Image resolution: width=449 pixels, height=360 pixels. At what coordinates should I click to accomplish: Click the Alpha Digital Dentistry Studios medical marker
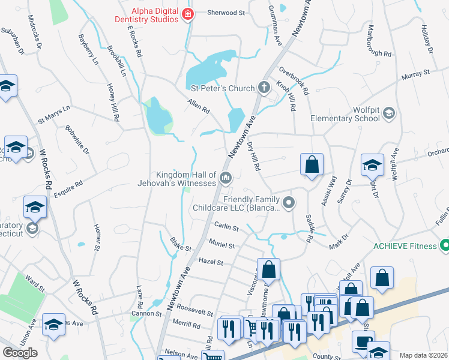pos(188,14)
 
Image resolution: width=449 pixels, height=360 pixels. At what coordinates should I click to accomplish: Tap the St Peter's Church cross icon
pos(264,88)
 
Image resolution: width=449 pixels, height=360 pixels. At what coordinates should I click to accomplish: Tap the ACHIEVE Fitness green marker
pos(445,245)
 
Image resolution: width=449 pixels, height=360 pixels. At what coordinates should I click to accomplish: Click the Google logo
pos(19,353)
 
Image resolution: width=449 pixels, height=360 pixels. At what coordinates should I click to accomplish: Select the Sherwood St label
pos(227,13)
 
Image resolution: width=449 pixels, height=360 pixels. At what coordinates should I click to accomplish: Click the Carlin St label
pos(226,226)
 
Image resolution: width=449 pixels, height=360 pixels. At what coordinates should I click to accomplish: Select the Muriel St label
pos(221,245)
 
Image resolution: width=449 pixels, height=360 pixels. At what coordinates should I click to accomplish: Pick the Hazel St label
pos(211,262)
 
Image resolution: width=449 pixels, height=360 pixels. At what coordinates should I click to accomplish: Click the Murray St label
pos(416,73)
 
